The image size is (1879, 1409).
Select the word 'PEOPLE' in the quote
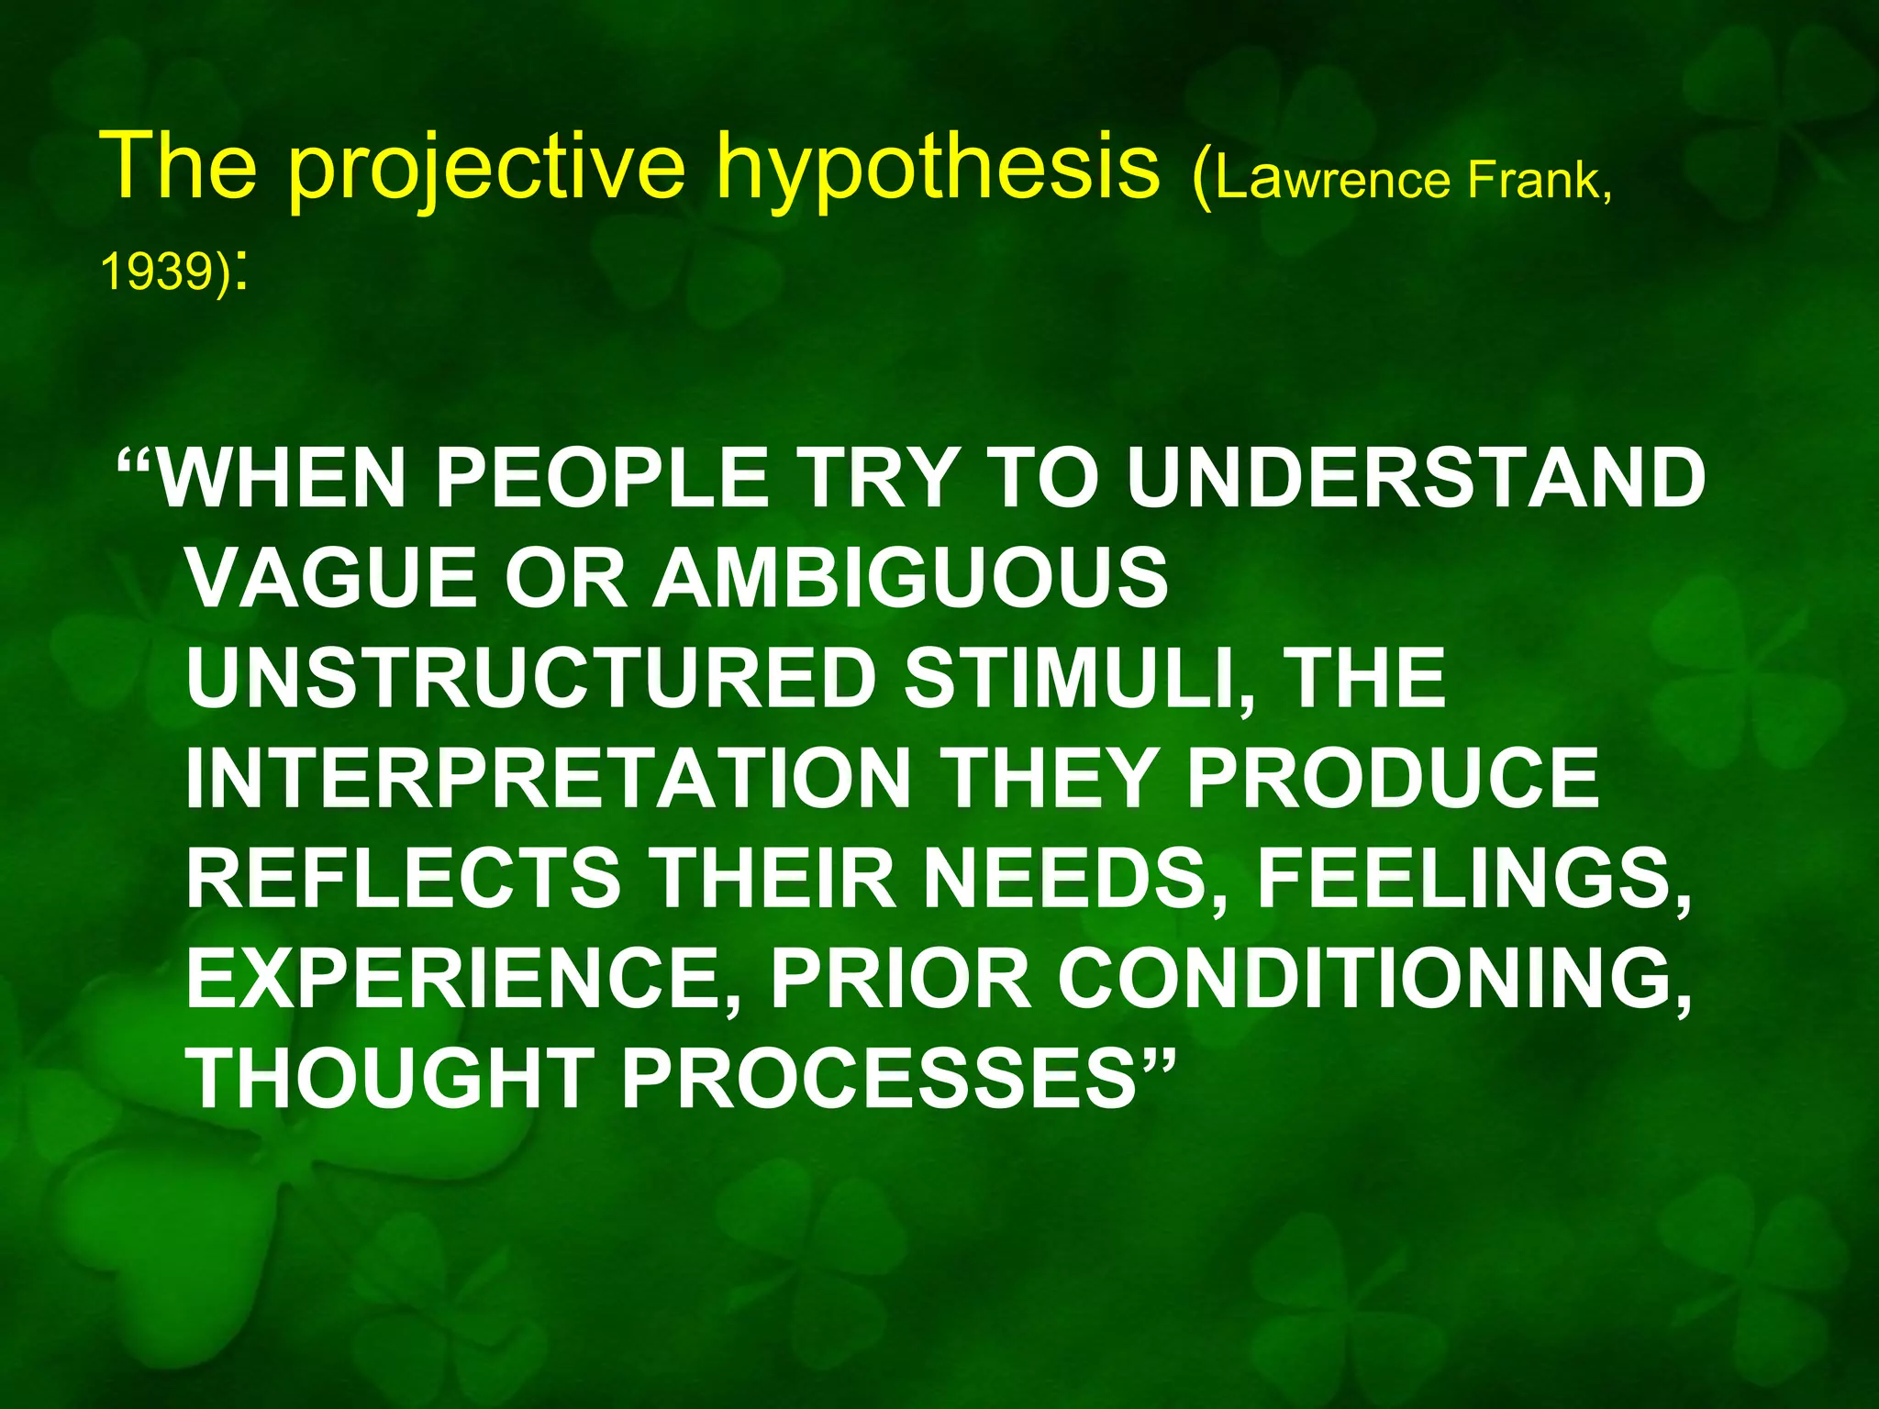click(601, 478)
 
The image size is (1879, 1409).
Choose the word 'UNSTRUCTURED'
click(532, 679)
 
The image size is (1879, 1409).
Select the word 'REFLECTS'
click(404, 878)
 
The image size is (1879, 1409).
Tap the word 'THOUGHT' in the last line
click(390, 1078)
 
